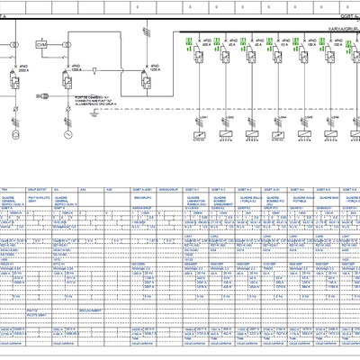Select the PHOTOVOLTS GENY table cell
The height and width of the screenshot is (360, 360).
point(40,199)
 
